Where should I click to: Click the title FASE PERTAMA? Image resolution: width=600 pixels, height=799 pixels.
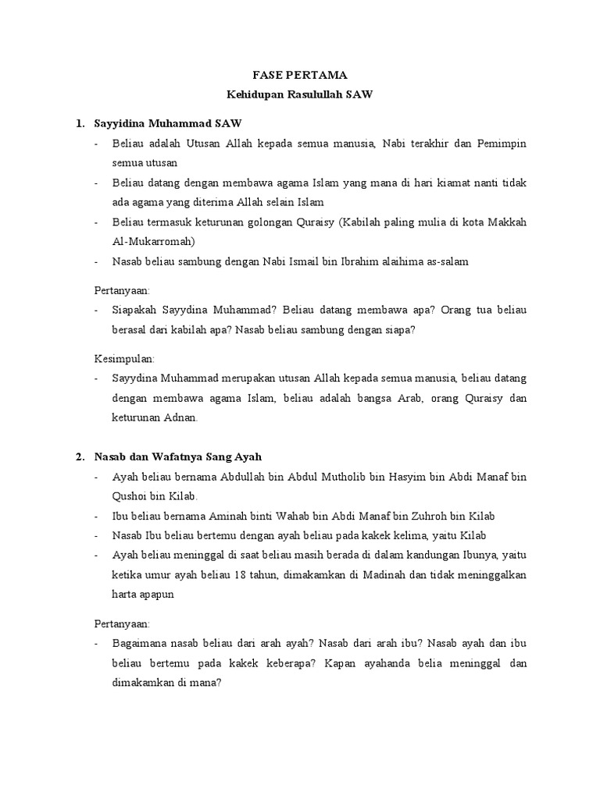[300, 76]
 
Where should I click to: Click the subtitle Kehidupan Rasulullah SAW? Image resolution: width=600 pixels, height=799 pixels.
[300, 95]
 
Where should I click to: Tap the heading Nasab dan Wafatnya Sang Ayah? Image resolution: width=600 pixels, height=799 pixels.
[184, 456]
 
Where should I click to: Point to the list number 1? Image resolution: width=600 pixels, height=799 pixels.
[80, 123]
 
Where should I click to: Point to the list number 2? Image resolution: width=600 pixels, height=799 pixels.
[80, 456]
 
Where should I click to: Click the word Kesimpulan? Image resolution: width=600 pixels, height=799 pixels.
[124, 358]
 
